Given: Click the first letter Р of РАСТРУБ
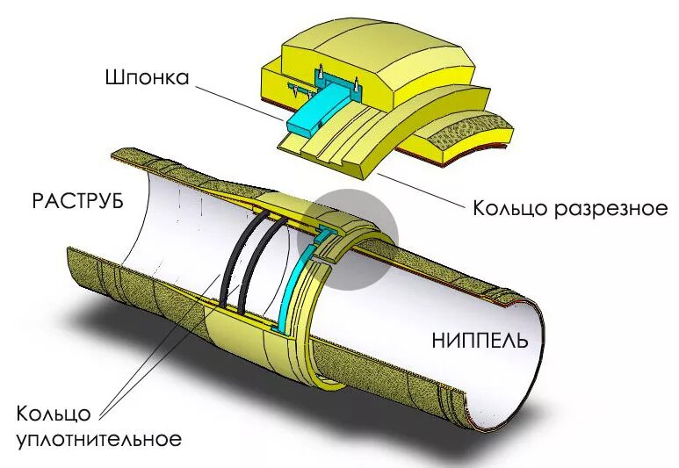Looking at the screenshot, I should click(x=37, y=201).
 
